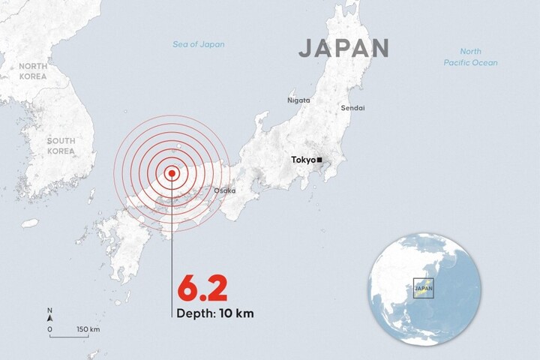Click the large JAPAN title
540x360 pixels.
[343, 48]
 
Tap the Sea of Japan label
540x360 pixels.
[198, 45]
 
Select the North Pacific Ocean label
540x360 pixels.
[469, 57]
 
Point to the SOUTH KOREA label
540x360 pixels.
[61, 145]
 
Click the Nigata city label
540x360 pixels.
[298, 100]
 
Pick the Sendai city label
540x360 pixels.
[352, 108]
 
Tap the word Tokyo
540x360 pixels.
[302, 160]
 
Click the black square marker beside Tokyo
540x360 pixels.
[319, 160]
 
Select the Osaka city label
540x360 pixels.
[224, 190]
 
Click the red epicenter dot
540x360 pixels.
[172, 173]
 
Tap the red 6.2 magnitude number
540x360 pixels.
[201, 288]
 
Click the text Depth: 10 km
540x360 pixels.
[215, 313]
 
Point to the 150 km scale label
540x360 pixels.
[88, 329]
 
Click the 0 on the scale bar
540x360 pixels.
[49, 329]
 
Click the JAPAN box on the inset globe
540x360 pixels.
[424, 287]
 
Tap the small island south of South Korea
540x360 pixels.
[29, 223]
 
